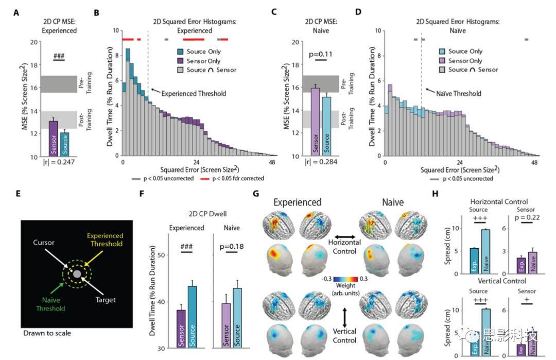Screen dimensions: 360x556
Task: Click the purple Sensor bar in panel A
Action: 53,138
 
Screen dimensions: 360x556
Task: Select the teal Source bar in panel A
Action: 63,144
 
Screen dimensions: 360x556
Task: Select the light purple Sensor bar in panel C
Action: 316,122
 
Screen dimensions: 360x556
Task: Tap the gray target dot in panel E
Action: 77,274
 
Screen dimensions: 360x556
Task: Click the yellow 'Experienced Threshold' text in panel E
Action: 105,240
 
